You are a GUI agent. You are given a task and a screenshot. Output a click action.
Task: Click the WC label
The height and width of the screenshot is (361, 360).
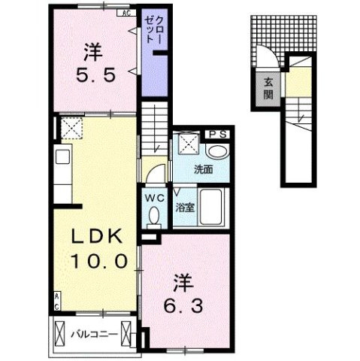154,198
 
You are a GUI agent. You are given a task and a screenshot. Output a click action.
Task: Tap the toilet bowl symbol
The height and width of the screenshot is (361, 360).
155,216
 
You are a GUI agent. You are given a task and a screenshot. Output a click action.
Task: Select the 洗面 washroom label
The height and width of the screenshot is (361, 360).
203,169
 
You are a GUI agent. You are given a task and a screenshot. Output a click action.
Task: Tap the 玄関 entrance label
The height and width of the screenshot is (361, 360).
268,88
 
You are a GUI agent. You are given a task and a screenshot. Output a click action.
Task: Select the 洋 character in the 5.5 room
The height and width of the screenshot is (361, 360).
92,53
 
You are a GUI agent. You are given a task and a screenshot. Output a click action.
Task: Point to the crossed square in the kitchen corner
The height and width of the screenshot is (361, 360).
71,129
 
